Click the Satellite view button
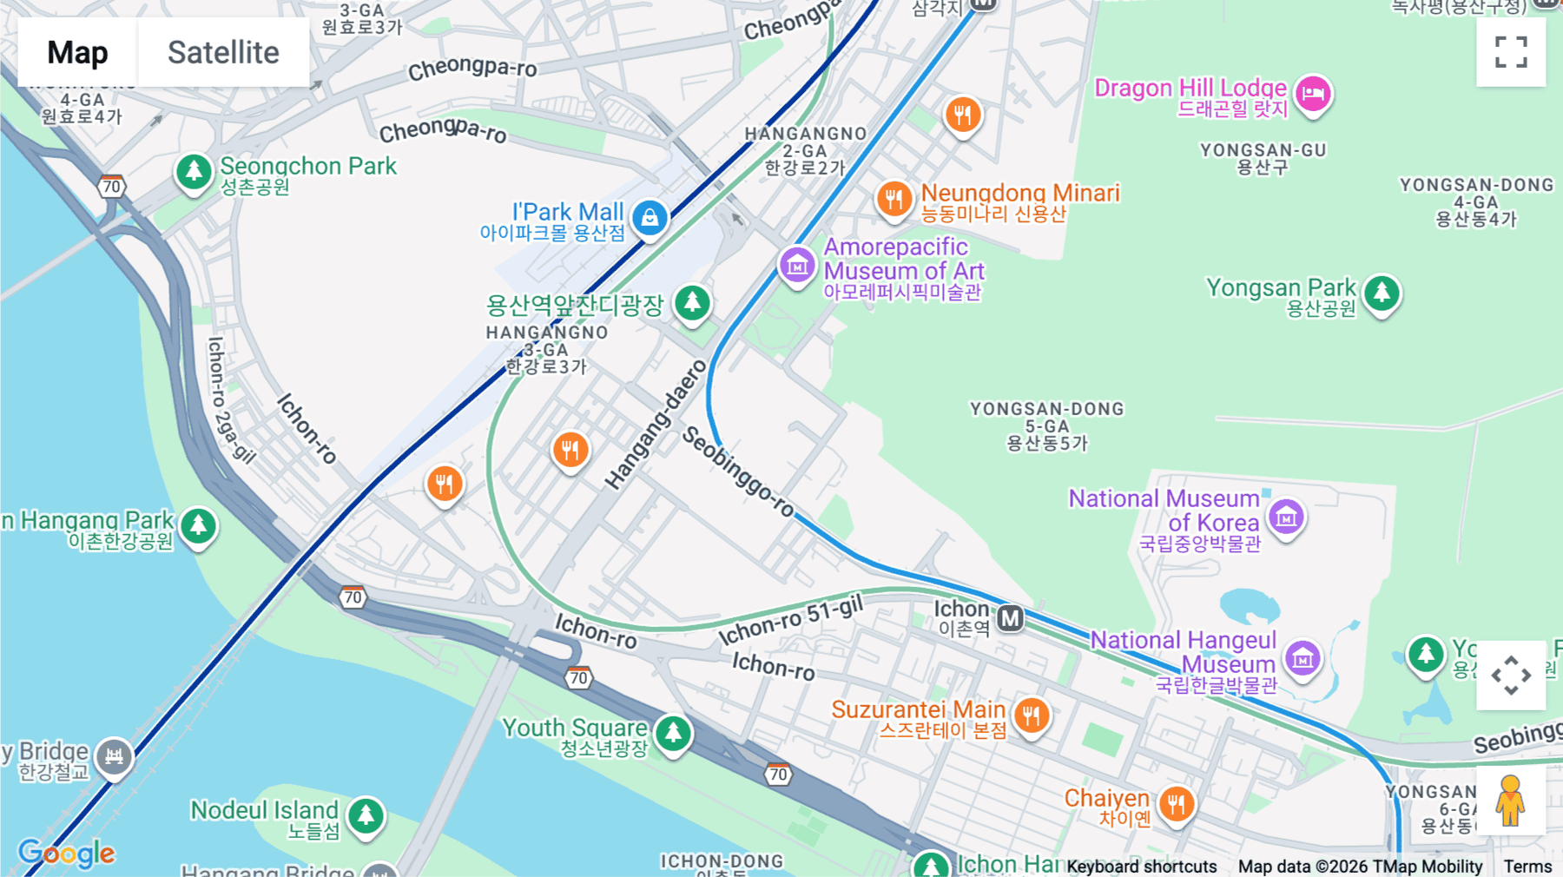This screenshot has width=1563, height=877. click(223, 52)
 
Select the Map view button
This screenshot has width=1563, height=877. click(77, 52)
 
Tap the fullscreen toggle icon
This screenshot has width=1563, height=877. click(1510, 52)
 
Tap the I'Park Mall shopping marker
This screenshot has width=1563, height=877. click(650, 217)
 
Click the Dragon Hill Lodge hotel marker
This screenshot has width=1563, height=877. click(1313, 93)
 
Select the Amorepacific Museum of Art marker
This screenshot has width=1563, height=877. click(796, 265)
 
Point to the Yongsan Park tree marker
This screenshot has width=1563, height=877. click(1382, 293)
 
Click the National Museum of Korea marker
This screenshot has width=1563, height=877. click(1286, 518)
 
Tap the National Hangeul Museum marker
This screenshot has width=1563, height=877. click(1302, 658)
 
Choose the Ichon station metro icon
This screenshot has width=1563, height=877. click(1010, 618)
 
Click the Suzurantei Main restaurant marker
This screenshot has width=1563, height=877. click(1032, 715)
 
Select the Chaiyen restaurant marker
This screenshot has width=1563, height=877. click(1176, 804)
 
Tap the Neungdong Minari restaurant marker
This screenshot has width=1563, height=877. click(894, 199)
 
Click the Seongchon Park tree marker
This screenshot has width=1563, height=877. click(194, 171)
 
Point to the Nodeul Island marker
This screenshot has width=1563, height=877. click(366, 815)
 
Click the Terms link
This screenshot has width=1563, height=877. click(1527, 866)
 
